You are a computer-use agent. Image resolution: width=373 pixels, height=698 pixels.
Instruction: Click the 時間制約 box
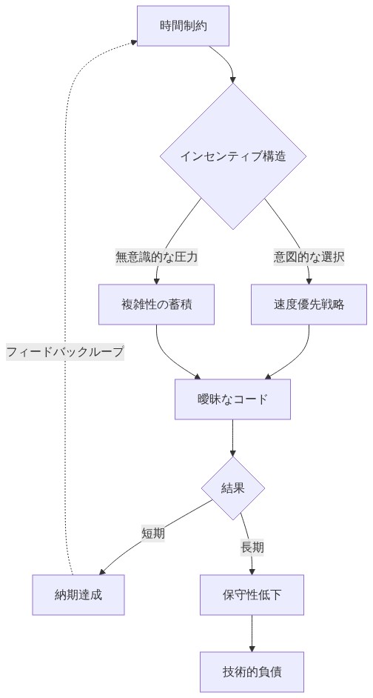pyautogui.click(x=183, y=26)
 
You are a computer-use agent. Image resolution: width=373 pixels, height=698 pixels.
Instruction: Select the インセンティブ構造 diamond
pyautogui.click(x=233, y=156)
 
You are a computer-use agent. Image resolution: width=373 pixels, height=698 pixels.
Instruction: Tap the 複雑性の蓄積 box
pyautogui.click(x=156, y=305)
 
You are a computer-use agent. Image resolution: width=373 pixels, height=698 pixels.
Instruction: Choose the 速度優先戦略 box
pyautogui.click(x=309, y=305)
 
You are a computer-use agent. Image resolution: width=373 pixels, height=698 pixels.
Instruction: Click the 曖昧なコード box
pyautogui.click(x=233, y=399)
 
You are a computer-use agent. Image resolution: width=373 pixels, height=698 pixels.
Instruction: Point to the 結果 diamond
pyautogui.click(x=233, y=488)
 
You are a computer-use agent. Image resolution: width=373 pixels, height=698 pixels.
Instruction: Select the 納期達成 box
pyautogui.click(x=78, y=594)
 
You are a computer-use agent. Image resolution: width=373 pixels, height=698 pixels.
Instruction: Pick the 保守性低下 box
pyautogui.click(x=252, y=594)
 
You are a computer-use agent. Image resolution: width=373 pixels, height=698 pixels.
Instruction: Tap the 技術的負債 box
pyautogui.click(x=252, y=672)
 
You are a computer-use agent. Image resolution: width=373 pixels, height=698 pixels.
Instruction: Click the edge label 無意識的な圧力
pyautogui.click(x=156, y=257)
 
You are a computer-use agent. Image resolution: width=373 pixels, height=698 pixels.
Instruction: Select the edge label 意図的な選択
pyautogui.click(x=309, y=257)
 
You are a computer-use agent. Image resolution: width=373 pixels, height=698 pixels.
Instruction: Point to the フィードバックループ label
pyautogui.click(x=65, y=352)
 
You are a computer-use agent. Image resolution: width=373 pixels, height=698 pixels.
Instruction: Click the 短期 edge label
pyautogui.click(x=153, y=533)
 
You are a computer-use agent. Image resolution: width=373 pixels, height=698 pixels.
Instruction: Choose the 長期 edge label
pyautogui.click(x=252, y=548)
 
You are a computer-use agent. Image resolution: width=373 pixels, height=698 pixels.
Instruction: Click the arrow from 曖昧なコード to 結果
pyautogui.click(x=233, y=439)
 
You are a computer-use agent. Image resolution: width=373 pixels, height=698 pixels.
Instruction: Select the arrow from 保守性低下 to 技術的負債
pyautogui.click(x=252, y=634)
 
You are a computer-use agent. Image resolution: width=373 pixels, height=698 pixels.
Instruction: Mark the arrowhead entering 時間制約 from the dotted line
pyautogui.click(x=132, y=42)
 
